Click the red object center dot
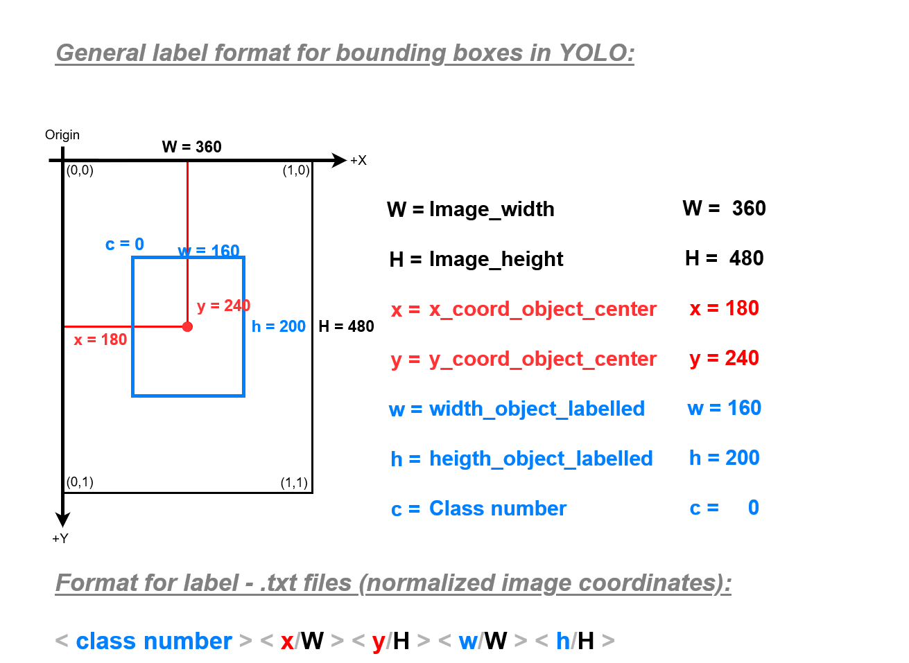[x=187, y=326]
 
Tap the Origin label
[x=62, y=134]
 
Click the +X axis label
[x=358, y=161]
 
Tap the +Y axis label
[x=60, y=538]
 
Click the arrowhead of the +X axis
[x=339, y=160]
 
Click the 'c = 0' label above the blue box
[x=125, y=244]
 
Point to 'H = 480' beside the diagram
[x=346, y=326]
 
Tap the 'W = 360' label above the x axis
[x=192, y=147]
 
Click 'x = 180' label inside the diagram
[x=101, y=339]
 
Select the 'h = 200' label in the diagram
[x=279, y=326]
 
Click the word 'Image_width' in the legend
[x=492, y=209]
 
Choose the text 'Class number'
[x=498, y=509]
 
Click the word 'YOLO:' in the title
[x=596, y=53]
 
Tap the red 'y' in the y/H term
[x=379, y=642]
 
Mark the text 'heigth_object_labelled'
[x=541, y=459]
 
